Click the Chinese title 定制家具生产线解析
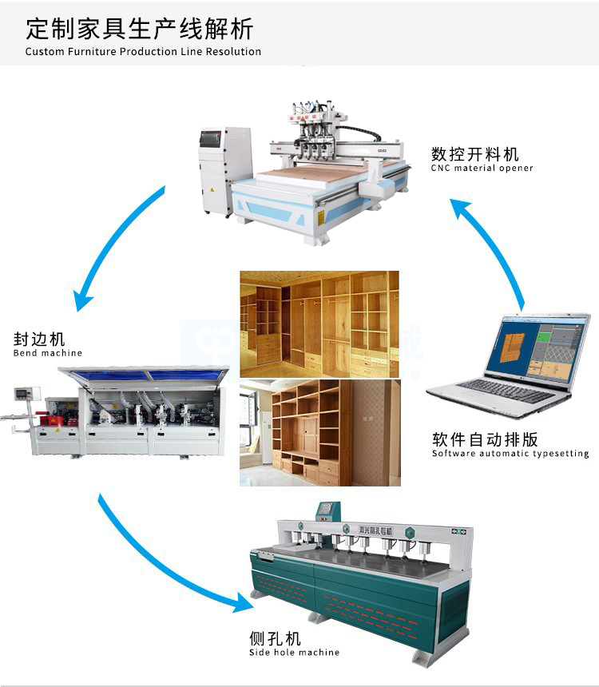point(139,30)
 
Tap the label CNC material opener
point(482,169)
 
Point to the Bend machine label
point(48,353)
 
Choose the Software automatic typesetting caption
point(510,454)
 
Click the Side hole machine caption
point(294,653)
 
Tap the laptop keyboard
point(494,391)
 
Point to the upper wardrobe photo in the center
point(319,323)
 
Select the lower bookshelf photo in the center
point(319,432)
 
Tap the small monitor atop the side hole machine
point(327,509)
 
